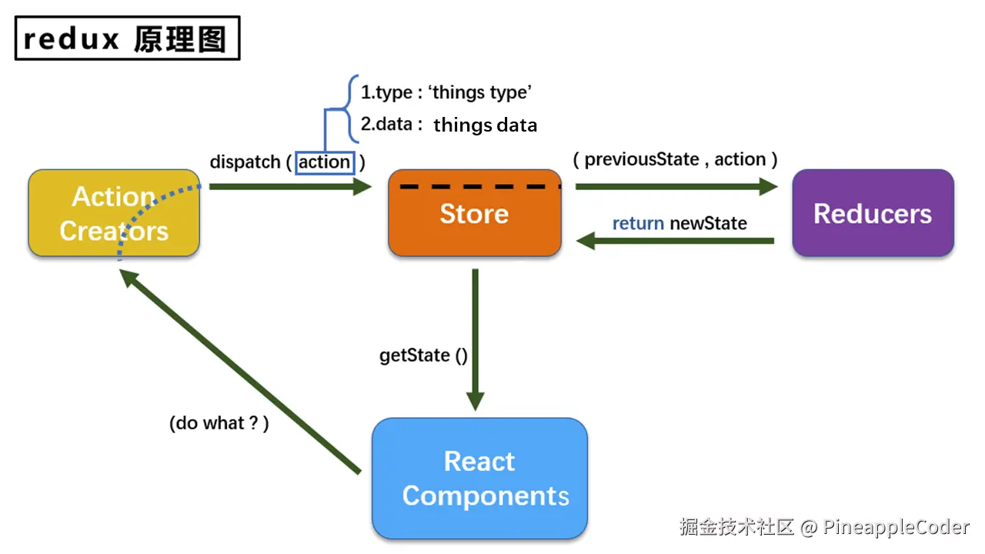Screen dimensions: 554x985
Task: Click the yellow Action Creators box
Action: click(113, 213)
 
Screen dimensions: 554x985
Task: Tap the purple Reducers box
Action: click(873, 213)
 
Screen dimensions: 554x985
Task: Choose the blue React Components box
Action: click(479, 478)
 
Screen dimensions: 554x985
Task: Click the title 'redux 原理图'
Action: click(127, 38)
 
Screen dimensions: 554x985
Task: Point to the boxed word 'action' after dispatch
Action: click(324, 162)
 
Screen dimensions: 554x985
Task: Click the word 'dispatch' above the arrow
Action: click(245, 162)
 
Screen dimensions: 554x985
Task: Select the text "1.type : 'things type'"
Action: click(446, 92)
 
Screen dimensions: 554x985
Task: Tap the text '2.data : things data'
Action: click(449, 125)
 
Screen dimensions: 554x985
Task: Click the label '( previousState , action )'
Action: click(675, 159)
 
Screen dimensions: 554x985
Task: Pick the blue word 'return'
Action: click(638, 223)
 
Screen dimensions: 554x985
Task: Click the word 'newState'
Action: click(708, 223)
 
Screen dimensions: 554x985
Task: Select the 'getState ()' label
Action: click(423, 355)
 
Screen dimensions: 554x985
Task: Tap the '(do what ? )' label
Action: click(219, 422)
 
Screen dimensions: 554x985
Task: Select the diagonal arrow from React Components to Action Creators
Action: click(242, 372)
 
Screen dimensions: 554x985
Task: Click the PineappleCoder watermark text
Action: click(896, 527)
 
